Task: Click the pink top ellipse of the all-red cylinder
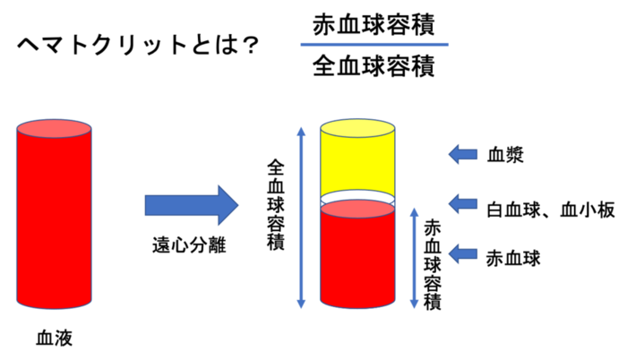click(54, 128)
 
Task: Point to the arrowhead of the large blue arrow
click(228, 205)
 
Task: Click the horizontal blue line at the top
click(374, 44)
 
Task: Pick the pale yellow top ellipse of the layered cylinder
click(357, 127)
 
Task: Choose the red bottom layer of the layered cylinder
click(357, 260)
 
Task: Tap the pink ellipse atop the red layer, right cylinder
click(357, 209)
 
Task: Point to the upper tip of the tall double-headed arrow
click(301, 127)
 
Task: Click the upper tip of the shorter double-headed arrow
click(414, 208)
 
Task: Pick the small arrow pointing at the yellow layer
click(462, 154)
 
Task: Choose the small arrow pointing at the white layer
click(462, 203)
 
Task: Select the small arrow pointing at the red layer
click(462, 253)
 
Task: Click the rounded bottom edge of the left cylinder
click(54, 307)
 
